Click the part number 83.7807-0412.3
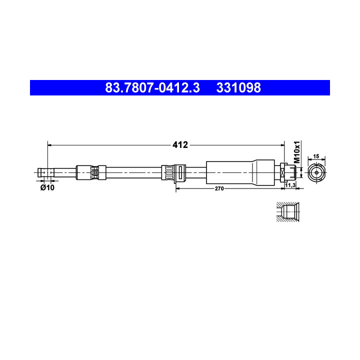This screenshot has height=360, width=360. [x=152, y=87]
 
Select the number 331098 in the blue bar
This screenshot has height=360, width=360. [x=238, y=87]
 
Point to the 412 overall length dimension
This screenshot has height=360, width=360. [x=180, y=145]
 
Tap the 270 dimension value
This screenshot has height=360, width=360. [x=219, y=188]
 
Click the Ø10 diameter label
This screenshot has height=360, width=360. [x=47, y=187]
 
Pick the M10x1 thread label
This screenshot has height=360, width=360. [x=297, y=152]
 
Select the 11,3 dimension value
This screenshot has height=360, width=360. [x=290, y=185]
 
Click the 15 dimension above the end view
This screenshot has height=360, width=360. [x=316, y=156]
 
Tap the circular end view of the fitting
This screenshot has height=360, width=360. [x=316, y=172]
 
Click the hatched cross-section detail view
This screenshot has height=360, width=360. [x=287, y=212]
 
